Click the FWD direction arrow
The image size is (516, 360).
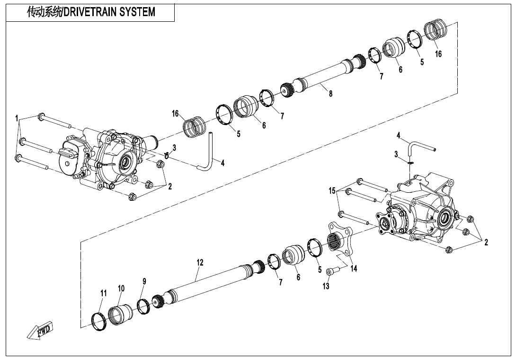[x=40, y=330]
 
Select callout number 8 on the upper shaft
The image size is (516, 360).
[x=330, y=94]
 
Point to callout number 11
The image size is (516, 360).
[x=103, y=293]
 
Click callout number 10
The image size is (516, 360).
[x=121, y=288]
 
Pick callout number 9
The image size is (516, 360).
[x=144, y=281]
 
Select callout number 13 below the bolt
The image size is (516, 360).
[x=326, y=286]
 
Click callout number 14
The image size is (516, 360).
[x=353, y=269]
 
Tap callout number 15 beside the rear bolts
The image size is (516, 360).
[x=332, y=190]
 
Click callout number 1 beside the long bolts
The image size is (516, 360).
[x=17, y=118]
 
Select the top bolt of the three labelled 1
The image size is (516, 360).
[x=54, y=120]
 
